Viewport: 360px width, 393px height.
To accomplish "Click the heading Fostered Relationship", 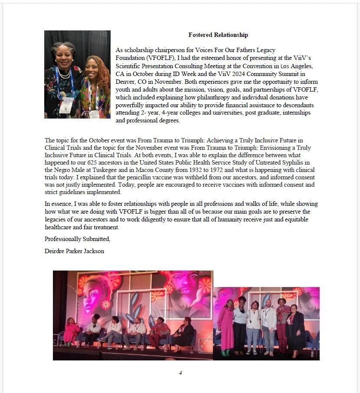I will click(x=218, y=35).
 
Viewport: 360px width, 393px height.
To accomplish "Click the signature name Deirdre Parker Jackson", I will click(x=74, y=251).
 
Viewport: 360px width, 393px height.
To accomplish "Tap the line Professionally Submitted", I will click(x=78, y=239).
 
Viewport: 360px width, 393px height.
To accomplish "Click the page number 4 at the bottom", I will click(x=180, y=373).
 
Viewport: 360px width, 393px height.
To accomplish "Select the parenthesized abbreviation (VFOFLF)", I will click(x=131, y=58).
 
